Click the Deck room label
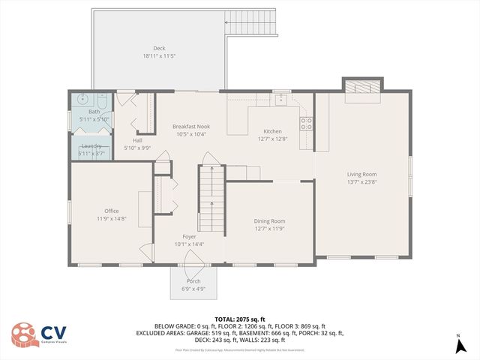pos(159,48)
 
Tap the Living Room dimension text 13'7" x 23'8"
pos(361,181)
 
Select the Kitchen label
pos(272,131)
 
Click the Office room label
pos(112,211)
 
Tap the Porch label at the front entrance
pos(193,281)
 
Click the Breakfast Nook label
pos(191,127)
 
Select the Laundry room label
pos(91,145)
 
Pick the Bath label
pos(94,112)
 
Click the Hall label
pos(137,140)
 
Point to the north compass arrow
pos(458,345)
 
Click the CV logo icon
pos(25,335)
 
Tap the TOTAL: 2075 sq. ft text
pos(239,319)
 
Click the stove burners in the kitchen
pos(306,123)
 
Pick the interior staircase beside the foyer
pos(211,199)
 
